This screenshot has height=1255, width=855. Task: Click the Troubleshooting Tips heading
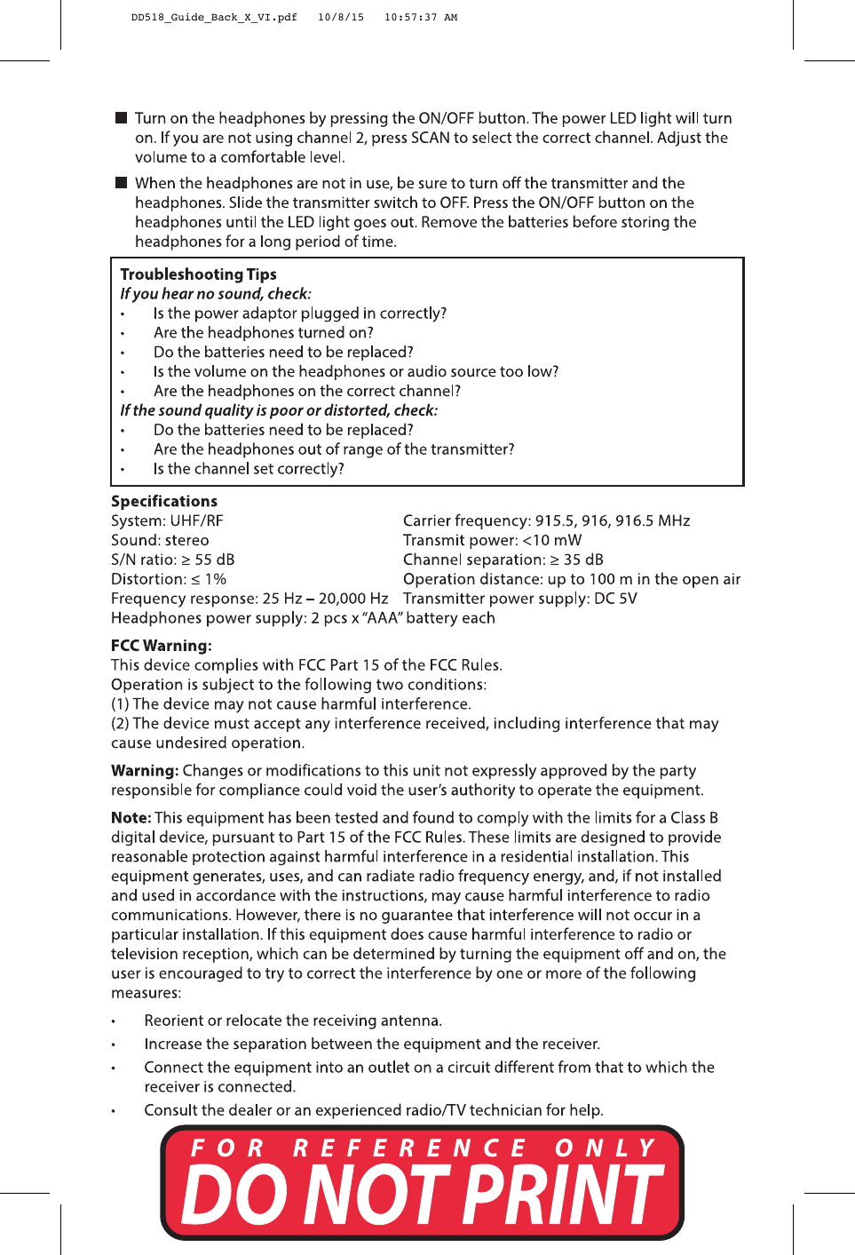(x=198, y=274)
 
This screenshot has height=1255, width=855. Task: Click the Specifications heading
(x=163, y=501)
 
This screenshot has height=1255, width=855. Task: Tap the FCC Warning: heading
(x=161, y=646)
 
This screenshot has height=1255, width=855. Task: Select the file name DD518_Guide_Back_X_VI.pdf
(x=214, y=17)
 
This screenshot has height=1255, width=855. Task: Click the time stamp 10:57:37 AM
(x=420, y=17)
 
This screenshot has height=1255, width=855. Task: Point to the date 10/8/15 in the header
(x=340, y=17)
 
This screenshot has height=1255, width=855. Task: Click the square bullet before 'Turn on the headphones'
(x=122, y=118)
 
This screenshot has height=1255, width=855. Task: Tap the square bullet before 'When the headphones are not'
(x=122, y=183)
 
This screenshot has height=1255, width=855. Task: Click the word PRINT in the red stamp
(x=563, y=1195)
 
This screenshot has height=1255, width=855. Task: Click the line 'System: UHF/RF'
(x=167, y=520)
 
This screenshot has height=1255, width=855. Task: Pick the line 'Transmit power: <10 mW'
(x=492, y=540)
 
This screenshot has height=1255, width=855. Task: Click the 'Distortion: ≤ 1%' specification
(x=168, y=579)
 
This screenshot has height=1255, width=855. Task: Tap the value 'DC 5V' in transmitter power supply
(x=615, y=599)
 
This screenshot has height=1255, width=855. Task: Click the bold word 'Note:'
(x=131, y=818)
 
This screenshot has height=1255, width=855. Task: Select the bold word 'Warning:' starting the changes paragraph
(x=145, y=771)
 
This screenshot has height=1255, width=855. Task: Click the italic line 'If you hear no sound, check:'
(x=216, y=294)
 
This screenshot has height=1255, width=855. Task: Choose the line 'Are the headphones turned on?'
(x=263, y=333)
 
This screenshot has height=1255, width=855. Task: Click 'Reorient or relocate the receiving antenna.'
(x=293, y=1021)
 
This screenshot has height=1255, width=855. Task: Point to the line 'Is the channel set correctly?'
(x=249, y=469)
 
